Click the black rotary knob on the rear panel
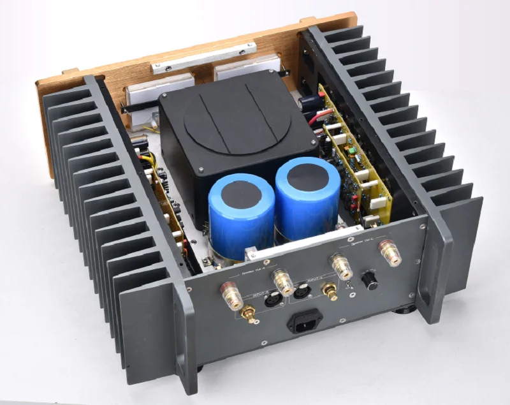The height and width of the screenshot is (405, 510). (369, 281)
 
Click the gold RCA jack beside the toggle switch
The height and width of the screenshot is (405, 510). (330, 291)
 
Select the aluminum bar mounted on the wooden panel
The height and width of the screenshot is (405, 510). (203, 57)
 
